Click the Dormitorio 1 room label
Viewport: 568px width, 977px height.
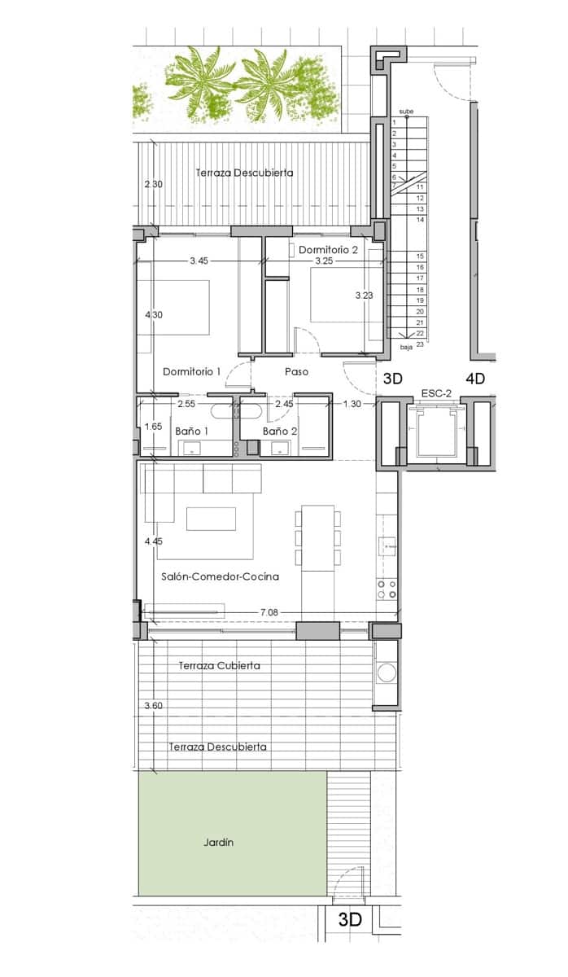[191, 371]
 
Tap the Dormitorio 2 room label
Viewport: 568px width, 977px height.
[328, 250]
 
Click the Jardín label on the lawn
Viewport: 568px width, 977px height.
[218, 843]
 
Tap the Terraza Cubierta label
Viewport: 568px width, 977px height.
[219, 665]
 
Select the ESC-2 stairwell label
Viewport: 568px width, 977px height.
[436, 393]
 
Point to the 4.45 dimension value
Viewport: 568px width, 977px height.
[153, 541]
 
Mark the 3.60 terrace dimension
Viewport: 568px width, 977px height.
[153, 706]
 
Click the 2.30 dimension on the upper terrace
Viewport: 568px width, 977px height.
[153, 185]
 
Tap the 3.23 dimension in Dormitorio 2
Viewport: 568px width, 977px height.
[364, 296]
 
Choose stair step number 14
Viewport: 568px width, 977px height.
[420, 220]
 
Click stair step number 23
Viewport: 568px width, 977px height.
[420, 344]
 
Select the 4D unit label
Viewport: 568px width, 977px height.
[474, 379]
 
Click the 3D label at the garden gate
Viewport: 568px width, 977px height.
[349, 920]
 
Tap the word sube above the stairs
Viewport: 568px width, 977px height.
[406, 112]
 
